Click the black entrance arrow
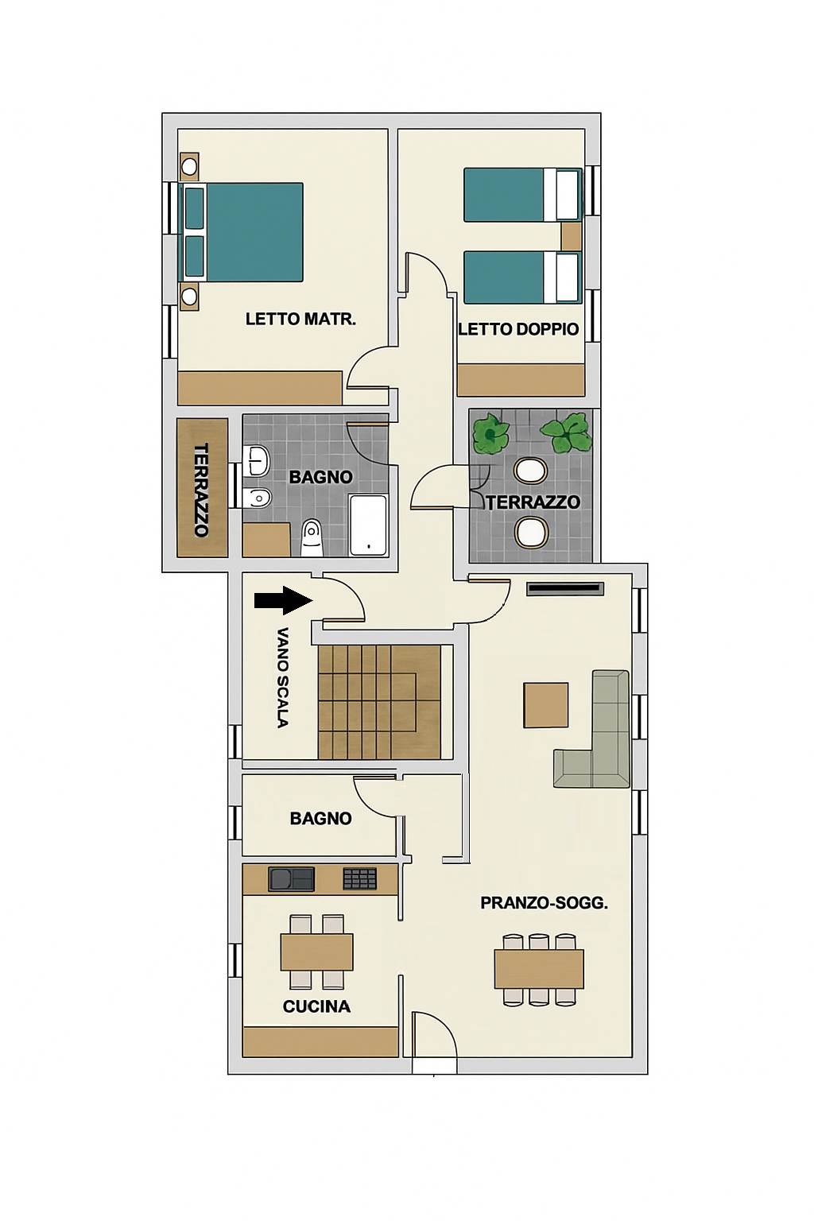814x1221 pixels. pyautogui.click(x=283, y=599)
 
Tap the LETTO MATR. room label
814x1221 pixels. pyautogui.click(x=300, y=319)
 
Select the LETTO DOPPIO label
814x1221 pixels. pyautogui.click(x=518, y=329)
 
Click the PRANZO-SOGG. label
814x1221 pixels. pyautogui.click(x=544, y=903)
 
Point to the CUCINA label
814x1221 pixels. pyautogui.click(x=316, y=1006)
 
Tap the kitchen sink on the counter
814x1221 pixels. pyautogui.click(x=291, y=879)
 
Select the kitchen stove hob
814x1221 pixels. pyautogui.click(x=359, y=879)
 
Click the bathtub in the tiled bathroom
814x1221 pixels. pyautogui.click(x=368, y=525)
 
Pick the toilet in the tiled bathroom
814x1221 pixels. pyautogui.click(x=312, y=537)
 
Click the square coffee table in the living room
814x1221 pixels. pyautogui.click(x=546, y=705)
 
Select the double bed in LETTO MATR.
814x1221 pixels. pyautogui.click(x=241, y=232)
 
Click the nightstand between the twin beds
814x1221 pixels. pyautogui.click(x=571, y=237)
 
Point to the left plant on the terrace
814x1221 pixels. pyautogui.click(x=490, y=435)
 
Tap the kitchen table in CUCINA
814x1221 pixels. pyautogui.click(x=316, y=952)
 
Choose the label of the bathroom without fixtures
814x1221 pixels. pyautogui.click(x=320, y=818)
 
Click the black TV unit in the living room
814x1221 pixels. pyautogui.click(x=565, y=589)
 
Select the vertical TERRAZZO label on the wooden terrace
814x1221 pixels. pyautogui.click(x=201, y=490)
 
